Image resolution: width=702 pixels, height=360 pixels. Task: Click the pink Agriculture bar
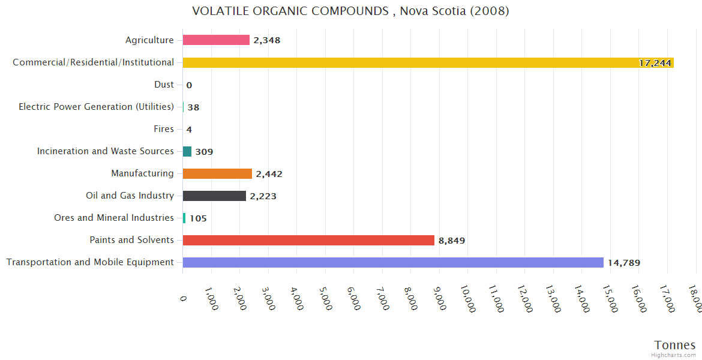(x=216, y=40)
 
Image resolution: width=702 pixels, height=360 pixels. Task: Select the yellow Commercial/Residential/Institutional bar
(x=420, y=62)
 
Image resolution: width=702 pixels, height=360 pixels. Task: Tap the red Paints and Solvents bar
(x=308, y=240)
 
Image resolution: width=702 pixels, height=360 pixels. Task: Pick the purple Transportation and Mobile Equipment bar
(x=393, y=262)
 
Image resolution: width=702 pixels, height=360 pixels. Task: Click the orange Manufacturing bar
(x=217, y=173)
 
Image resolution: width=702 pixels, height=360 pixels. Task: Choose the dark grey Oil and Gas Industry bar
(x=214, y=196)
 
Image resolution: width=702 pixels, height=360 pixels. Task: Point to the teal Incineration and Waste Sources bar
(x=187, y=151)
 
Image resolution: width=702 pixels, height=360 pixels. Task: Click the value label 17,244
(x=655, y=63)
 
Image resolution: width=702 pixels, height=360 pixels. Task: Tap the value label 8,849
(x=452, y=241)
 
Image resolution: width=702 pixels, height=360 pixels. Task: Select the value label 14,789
(x=624, y=263)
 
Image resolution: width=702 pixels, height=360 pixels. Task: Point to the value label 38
(x=193, y=107)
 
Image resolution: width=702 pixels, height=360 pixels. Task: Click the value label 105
(x=198, y=218)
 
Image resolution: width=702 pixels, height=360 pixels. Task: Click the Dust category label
(x=164, y=85)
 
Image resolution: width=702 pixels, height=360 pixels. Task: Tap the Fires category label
(x=164, y=129)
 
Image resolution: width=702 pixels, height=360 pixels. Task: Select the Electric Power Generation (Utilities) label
(x=96, y=107)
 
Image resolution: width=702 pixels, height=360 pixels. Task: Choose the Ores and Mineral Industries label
(x=114, y=218)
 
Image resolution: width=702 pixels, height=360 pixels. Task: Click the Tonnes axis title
(x=675, y=345)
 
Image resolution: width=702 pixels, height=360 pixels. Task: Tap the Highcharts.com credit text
(x=674, y=355)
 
